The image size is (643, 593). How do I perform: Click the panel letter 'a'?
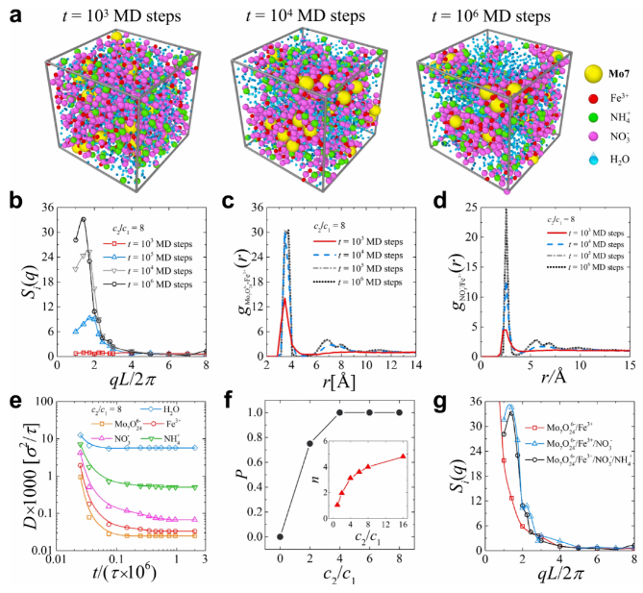tap(11, 12)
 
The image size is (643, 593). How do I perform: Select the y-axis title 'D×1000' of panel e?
tap(21, 488)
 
